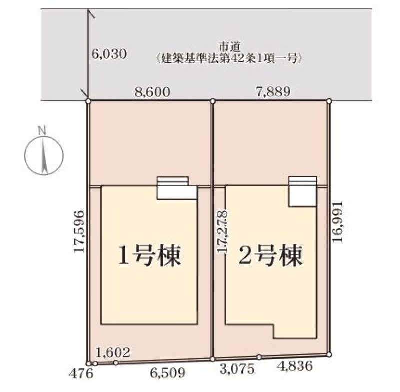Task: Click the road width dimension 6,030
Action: (x=109, y=54)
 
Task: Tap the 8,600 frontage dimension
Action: (x=152, y=92)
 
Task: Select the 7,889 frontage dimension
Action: (x=273, y=92)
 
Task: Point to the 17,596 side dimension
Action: (x=79, y=232)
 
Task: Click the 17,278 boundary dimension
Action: (x=222, y=232)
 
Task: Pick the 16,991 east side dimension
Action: (x=337, y=222)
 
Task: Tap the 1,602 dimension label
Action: (x=113, y=352)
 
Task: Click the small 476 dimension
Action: (x=81, y=374)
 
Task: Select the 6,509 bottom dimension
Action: (x=167, y=373)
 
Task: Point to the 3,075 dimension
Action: (x=237, y=369)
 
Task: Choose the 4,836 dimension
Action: (x=295, y=366)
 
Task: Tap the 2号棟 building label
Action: (x=271, y=255)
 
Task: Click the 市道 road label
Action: (x=230, y=47)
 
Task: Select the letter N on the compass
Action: (x=42, y=131)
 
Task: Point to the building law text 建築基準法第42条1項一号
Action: (x=230, y=58)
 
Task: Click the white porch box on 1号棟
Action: (x=177, y=188)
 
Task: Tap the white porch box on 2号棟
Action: (x=303, y=191)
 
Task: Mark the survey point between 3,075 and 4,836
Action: (x=259, y=357)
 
